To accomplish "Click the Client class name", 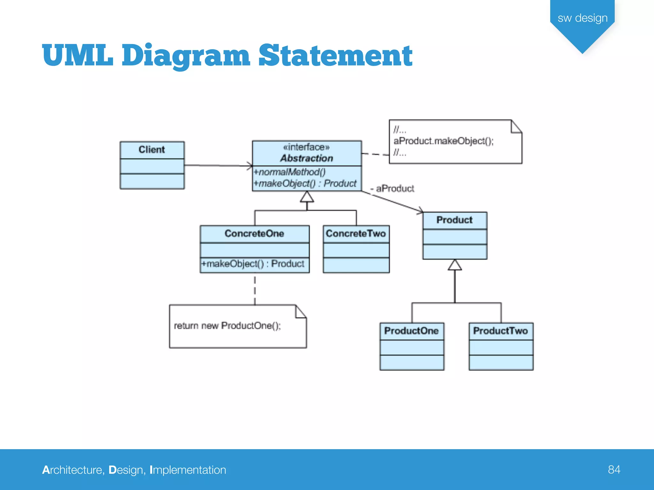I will click(x=152, y=150).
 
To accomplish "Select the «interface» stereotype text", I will click(x=306, y=147).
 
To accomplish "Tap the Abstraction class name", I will click(x=307, y=158).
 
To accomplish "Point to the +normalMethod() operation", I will click(x=289, y=172).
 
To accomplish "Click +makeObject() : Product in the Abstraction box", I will click(x=305, y=183).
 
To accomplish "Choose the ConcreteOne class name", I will click(x=254, y=234).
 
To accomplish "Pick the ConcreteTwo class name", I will click(x=356, y=234).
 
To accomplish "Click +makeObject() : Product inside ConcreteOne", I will click(x=253, y=264).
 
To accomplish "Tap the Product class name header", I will click(x=454, y=220).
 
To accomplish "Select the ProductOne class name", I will click(x=411, y=331).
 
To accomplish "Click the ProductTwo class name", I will click(x=500, y=331).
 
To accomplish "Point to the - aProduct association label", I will click(x=392, y=189).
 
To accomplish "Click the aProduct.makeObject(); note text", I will click(x=444, y=141).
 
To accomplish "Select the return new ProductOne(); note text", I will click(x=227, y=326).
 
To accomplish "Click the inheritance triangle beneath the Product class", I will click(x=455, y=265).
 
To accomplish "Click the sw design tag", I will click(x=582, y=18).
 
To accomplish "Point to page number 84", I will click(x=614, y=470).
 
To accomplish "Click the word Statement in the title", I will click(x=335, y=56).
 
